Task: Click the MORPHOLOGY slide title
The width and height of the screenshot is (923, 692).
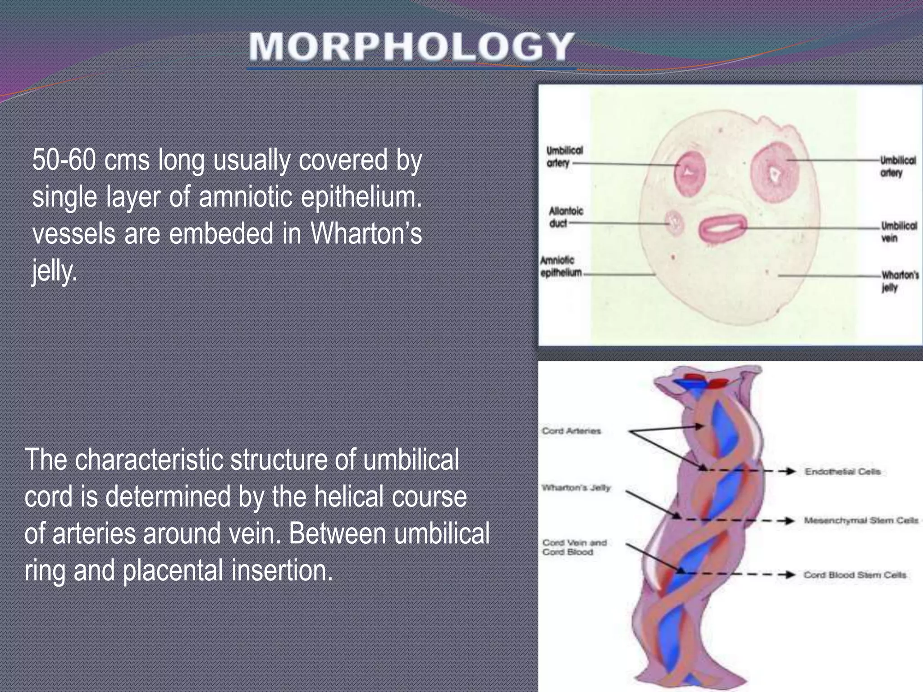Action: click(x=411, y=47)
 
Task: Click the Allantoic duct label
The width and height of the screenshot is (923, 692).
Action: click(x=565, y=217)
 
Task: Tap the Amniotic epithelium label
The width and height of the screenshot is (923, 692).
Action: click(x=561, y=266)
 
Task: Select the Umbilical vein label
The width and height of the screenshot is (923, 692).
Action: click(x=898, y=232)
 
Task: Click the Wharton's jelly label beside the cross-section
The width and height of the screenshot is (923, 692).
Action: click(x=899, y=281)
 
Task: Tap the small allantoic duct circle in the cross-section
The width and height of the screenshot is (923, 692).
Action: click(x=675, y=223)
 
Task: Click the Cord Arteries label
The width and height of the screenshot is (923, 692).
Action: click(x=571, y=431)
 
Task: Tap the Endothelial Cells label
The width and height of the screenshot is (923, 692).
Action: click(x=842, y=472)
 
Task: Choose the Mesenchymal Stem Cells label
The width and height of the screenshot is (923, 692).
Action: click(x=861, y=521)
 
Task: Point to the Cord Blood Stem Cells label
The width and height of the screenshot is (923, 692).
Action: click(x=854, y=575)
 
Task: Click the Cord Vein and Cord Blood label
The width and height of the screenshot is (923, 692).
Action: click(x=574, y=547)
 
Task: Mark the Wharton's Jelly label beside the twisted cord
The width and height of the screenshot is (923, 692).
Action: click(x=576, y=488)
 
